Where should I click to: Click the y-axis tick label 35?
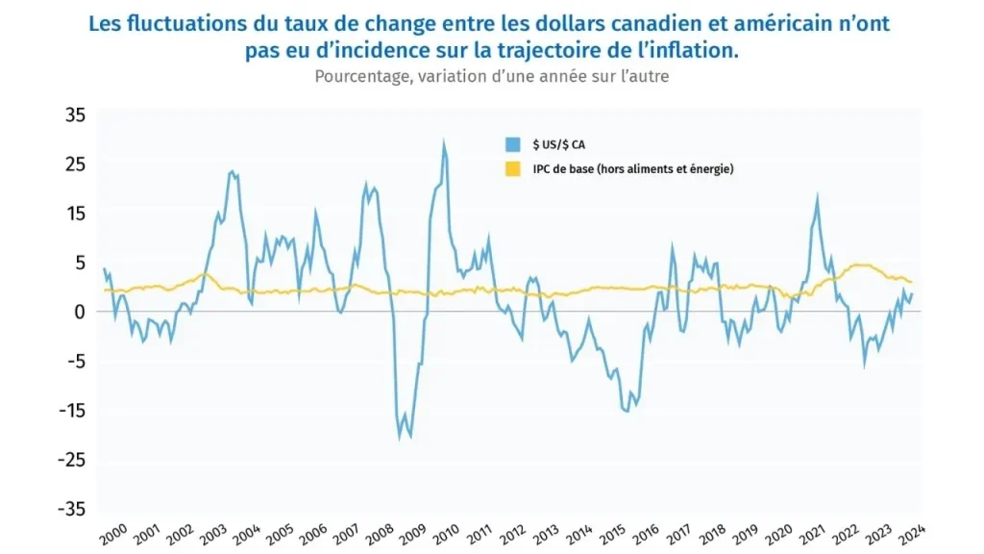(x=75, y=114)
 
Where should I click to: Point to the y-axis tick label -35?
(x=71, y=509)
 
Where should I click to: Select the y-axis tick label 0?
(x=81, y=312)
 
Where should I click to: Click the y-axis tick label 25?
(x=75, y=164)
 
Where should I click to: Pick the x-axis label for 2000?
(x=112, y=533)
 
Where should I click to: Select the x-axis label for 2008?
(x=377, y=533)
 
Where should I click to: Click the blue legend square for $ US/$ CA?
(x=513, y=144)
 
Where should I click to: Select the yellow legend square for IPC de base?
(x=513, y=169)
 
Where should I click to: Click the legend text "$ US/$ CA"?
(x=558, y=144)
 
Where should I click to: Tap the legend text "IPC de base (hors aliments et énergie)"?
(x=633, y=169)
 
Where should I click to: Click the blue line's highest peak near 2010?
(x=443, y=143)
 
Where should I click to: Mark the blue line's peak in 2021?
(x=818, y=197)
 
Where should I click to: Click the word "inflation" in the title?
(x=699, y=50)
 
